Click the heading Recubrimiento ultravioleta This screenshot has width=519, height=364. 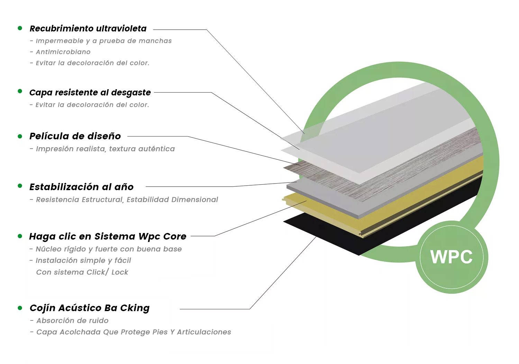[88, 29]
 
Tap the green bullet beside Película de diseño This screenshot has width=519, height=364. [20, 137]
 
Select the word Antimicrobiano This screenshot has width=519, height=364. [63, 52]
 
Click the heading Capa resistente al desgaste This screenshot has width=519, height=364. [90, 93]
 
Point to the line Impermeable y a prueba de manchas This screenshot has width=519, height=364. [104, 41]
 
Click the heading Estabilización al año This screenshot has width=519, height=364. [81, 187]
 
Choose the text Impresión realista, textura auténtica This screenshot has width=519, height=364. [106, 149]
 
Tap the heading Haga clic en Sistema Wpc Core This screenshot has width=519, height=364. [108, 237]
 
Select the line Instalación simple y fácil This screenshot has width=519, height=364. [83, 261]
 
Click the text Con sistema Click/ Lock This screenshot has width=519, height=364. [82, 272]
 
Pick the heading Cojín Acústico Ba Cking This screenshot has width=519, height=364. [90, 308]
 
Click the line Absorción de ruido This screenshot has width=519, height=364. [72, 321]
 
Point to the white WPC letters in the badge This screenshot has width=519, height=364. [451, 257]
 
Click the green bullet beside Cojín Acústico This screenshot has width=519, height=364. [20, 308]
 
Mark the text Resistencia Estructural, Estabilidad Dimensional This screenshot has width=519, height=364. [127, 199]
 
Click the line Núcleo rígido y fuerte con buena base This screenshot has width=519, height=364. [109, 249]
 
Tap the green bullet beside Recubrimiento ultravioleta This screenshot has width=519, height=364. [20, 28]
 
